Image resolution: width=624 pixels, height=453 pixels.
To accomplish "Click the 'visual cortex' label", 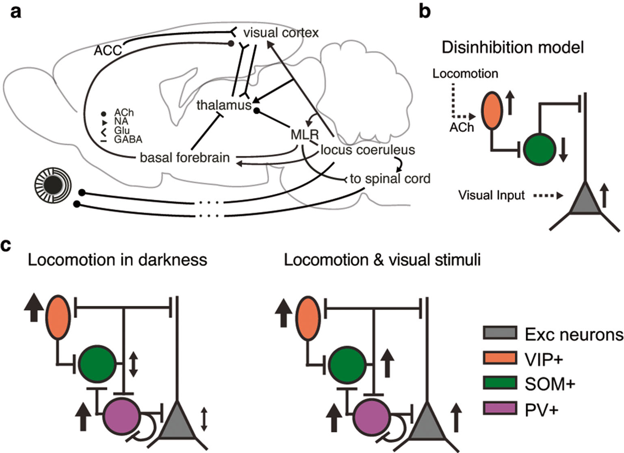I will pyautogui.click(x=281, y=33).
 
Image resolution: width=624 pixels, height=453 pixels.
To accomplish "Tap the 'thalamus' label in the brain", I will pyautogui.click(x=224, y=105).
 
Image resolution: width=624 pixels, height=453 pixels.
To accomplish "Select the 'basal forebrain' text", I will pyautogui.click(x=185, y=157).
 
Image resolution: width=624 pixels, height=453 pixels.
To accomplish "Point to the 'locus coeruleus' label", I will pyautogui.click(x=368, y=150).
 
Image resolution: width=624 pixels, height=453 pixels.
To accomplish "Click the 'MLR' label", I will pyautogui.click(x=305, y=134).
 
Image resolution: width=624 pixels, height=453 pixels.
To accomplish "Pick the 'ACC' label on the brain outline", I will pyautogui.click(x=108, y=50).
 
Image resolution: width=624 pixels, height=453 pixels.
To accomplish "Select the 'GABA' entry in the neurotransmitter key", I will pyautogui.click(x=128, y=140).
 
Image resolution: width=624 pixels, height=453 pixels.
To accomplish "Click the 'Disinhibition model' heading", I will pyautogui.click(x=513, y=48).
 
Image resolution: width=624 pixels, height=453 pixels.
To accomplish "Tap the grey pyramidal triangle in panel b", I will pyautogui.click(x=585, y=199).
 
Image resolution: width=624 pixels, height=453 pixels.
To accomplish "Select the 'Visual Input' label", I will pyautogui.click(x=492, y=195).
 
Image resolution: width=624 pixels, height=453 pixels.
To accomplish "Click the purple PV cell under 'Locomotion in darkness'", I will pyautogui.click(x=121, y=416).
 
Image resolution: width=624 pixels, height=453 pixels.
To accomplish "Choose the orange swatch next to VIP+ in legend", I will pyautogui.click(x=500, y=358).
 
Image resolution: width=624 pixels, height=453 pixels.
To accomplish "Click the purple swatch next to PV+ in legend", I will pyautogui.click(x=500, y=408).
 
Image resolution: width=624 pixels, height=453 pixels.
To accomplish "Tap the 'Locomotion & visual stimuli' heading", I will pyautogui.click(x=382, y=260).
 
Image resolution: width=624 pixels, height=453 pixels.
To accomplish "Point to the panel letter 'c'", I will pyautogui.click(x=5, y=246).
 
